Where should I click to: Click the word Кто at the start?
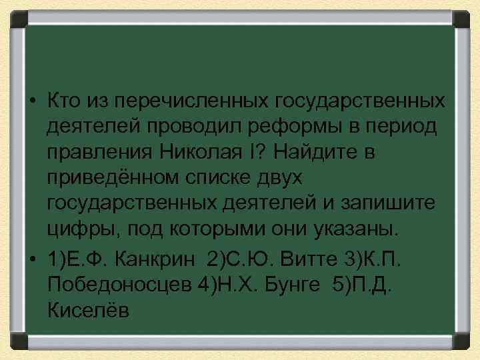coord(64,101)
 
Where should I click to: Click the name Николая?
coord(209,153)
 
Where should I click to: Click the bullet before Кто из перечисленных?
coord(31,101)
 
